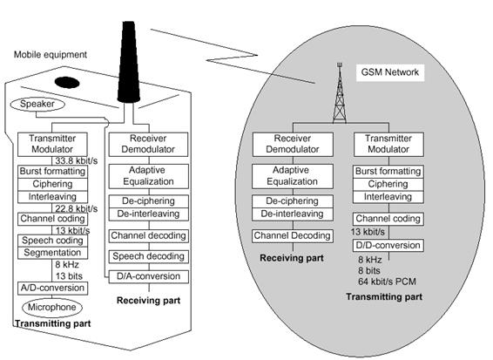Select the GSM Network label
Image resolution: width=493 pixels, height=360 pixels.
point(390,72)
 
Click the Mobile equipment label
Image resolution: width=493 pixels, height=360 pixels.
point(51,54)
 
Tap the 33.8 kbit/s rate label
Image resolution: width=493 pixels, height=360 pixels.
point(77,160)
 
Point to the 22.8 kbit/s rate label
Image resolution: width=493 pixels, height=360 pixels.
point(77,208)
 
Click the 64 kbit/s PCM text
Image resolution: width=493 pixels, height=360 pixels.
point(387,282)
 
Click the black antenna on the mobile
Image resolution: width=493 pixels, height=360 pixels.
point(129,62)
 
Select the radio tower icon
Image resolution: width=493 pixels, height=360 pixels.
point(340,93)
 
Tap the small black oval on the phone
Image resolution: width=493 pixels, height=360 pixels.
point(67,83)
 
